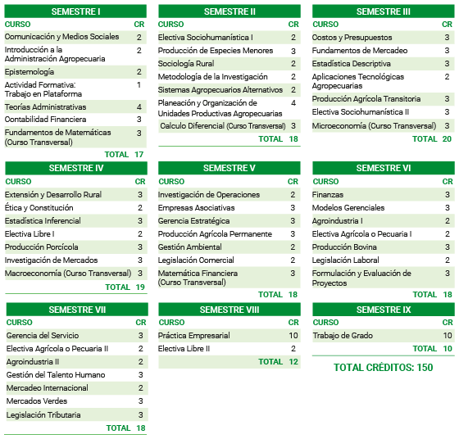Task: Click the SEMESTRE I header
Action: click(x=75, y=11)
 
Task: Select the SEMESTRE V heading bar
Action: click(x=229, y=168)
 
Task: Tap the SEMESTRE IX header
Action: click(x=384, y=310)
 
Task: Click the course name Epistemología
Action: click(x=29, y=72)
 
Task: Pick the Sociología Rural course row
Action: click(x=186, y=64)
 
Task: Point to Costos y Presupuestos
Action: click(x=352, y=38)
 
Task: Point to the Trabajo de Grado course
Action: click(x=343, y=336)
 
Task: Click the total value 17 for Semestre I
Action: click(x=139, y=155)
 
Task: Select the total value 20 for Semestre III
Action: click(x=447, y=139)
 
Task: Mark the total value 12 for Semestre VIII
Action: click(x=293, y=362)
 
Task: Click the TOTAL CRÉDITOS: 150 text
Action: click(x=383, y=368)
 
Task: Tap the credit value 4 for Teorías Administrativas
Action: click(x=139, y=107)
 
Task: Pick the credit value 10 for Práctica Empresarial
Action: click(x=293, y=336)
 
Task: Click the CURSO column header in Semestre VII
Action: click(x=20, y=323)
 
